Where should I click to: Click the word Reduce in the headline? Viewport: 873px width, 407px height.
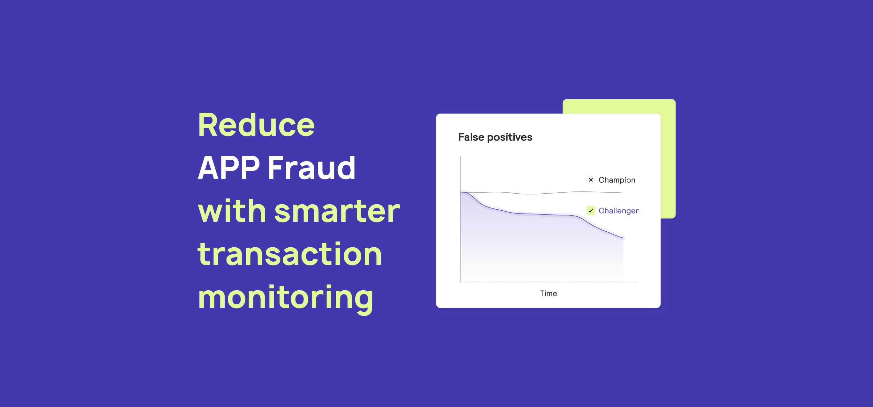point(256,125)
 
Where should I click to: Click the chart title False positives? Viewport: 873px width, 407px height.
point(495,137)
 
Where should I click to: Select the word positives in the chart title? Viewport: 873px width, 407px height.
point(510,137)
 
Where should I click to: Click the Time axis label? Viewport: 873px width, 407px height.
point(548,293)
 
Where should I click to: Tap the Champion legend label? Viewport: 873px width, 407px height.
point(617,180)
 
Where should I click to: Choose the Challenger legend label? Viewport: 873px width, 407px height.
point(618,211)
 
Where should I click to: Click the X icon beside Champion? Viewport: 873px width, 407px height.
point(591,180)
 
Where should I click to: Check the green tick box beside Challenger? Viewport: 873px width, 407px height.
point(591,211)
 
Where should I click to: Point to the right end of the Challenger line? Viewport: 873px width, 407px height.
point(623,238)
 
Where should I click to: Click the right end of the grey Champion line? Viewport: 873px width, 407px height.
point(623,192)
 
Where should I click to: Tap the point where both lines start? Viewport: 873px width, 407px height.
point(461,192)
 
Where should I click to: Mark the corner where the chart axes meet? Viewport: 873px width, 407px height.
point(460,282)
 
